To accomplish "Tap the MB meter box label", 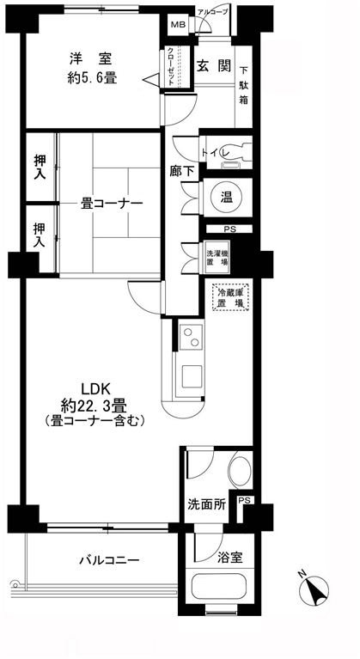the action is [176, 25].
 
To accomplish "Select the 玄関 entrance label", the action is [213, 65].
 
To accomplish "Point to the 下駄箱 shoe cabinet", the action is [244, 86].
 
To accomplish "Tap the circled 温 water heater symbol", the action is [227, 198].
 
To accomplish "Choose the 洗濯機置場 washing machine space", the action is [217, 258].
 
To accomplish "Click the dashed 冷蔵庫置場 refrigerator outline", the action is [230, 297].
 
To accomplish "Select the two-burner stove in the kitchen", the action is [191, 337].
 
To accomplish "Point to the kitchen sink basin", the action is [192, 376].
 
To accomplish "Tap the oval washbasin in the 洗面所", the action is [241, 469].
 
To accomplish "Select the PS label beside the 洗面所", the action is [244, 501].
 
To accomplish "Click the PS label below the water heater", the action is [229, 229].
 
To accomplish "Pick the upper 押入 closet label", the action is [40, 167].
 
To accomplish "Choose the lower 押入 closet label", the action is [40, 235].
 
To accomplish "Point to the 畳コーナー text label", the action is [112, 204].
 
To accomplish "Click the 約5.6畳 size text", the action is [92, 78].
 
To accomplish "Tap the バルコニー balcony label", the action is [109, 560].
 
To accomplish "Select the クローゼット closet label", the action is [171, 67].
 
